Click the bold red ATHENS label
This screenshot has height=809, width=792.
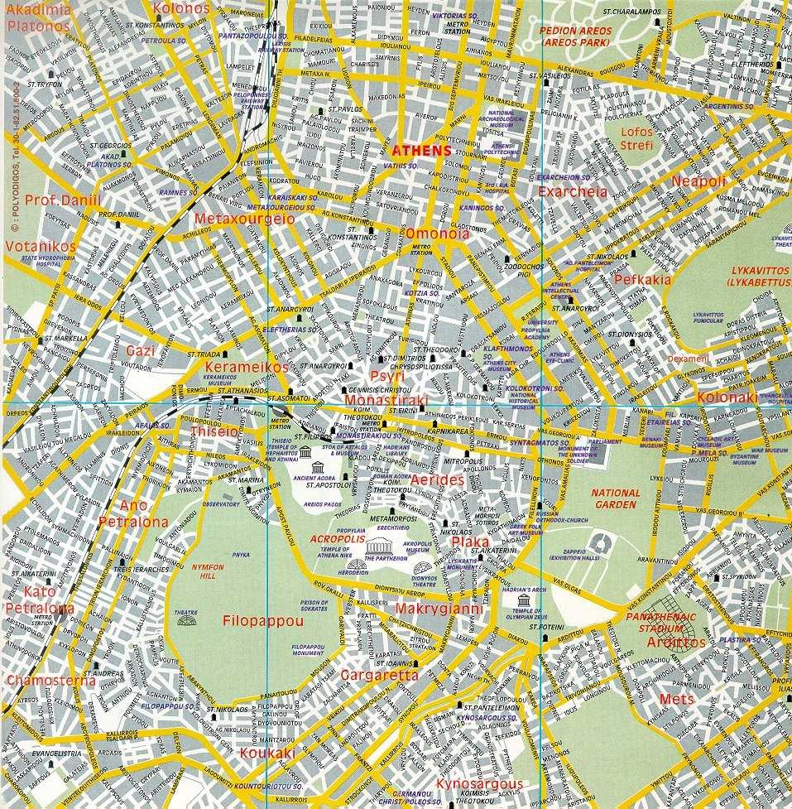tap(421, 151)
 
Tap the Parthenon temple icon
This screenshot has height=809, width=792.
tap(381, 547)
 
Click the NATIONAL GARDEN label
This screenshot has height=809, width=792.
tap(616, 498)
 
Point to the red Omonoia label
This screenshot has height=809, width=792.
tap(437, 234)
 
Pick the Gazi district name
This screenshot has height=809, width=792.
tap(140, 350)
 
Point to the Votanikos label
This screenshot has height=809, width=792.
tap(40, 247)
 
